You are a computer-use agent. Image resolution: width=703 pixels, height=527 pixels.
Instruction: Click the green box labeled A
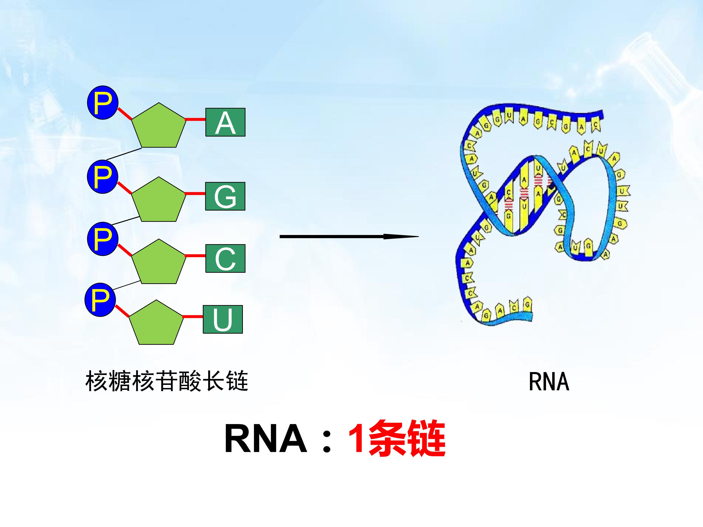pyautogui.click(x=225, y=122)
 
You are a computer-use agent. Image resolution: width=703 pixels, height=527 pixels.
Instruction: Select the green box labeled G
pyautogui.click(x=225, y=196)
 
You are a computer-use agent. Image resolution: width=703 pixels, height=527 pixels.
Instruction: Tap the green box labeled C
pyautogui.click(x=225, y=258)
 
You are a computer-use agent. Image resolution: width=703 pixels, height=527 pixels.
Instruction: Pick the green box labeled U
pyautogui.click(x=223, y=319)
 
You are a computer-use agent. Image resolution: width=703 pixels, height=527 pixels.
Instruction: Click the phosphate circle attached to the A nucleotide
pyautogui.click(x=103, y=102)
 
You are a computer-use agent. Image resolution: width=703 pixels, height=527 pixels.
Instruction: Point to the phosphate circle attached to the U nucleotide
pyautogui.click(x=100, y=300)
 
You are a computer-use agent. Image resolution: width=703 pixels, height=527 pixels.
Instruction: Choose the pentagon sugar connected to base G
pyautogui.click(x=159, y=201)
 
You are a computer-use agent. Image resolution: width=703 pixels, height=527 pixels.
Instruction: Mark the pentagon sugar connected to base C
pyautogui.click(x=159, y=263)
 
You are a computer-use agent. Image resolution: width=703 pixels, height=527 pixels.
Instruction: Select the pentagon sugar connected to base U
pyautogui.click(x=156, y=324)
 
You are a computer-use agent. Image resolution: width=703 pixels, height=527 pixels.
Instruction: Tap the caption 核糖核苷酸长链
pyautogui.click(x=166, y=381)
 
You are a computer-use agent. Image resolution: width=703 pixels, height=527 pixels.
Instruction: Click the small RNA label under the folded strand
pyautogui.click(x=549, y=382)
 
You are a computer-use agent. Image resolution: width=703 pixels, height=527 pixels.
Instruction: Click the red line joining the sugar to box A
pyautogui.click(x=195, y=120)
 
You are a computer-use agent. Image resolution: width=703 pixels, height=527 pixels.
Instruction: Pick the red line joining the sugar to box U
pyautogui.click(x=193, y=316)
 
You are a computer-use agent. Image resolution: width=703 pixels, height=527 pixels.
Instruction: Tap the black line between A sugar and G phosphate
pyautogui.click(x=124, y=154)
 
